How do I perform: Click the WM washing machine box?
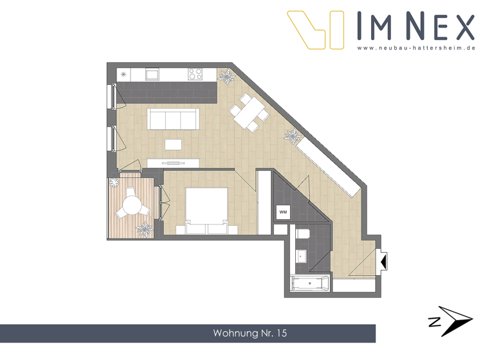[x=283, y=212]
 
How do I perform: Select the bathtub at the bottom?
[x=311, y=283]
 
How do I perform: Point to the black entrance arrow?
[x=384, y=262]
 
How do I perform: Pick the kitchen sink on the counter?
[x=152, y=75]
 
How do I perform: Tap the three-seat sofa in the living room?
[x=172, y=119]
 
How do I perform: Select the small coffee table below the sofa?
[x=173, y=144]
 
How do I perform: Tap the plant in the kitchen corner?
[x=227, y=78]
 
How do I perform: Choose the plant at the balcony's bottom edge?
[x=145, y=229]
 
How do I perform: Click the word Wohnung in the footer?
[x=235, y=334]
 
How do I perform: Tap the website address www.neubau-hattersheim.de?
[x=416, y=48]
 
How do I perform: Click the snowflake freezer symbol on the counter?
[x=124, y=75]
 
